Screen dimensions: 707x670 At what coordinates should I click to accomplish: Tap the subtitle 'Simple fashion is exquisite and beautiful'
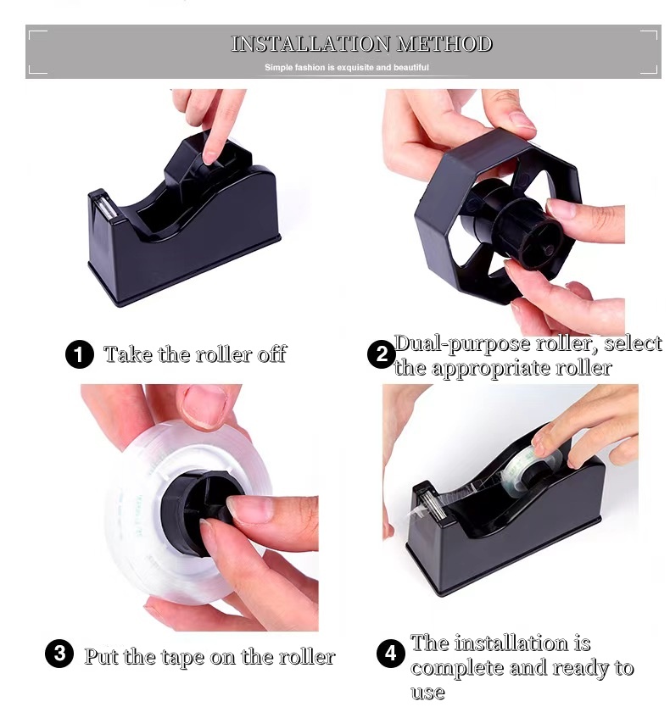pos(346,67)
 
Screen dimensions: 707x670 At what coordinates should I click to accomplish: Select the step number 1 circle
pos(79,353)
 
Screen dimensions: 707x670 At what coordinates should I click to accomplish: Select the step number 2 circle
pos(381,354)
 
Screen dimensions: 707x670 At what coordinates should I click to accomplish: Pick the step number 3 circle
pos(59,654)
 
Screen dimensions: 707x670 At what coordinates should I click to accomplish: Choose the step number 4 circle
pos(390,654)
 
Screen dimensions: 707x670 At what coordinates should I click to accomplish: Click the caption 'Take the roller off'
pos(195,353)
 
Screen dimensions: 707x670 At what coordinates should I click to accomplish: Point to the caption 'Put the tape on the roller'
pos(209,655)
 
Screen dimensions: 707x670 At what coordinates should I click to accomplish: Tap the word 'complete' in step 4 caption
pos(461,667)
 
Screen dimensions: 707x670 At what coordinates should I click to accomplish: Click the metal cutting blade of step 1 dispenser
pos(100,206)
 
